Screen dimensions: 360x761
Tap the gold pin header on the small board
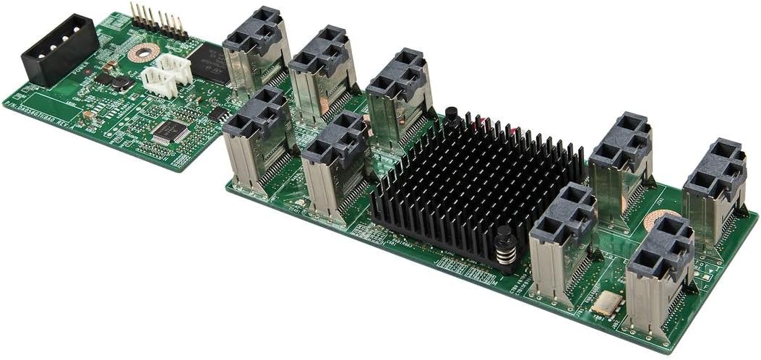tap(158, 22)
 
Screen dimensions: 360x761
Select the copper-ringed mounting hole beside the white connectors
tap(143, 52)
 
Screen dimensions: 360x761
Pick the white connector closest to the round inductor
tap(159, 82)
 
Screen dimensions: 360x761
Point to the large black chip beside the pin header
tap(207, 62)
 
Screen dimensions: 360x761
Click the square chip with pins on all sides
tap(170, 131)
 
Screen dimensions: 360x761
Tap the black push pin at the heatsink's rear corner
tap(452, 116)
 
